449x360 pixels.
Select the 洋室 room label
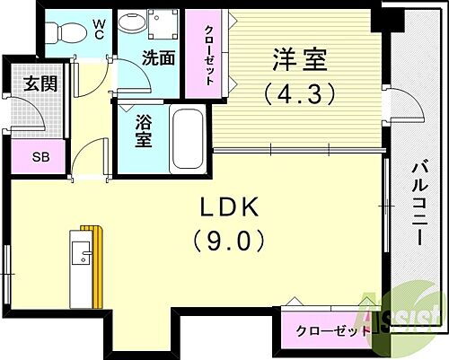pos(297,62)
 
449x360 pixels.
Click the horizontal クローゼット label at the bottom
pos(333,330)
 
